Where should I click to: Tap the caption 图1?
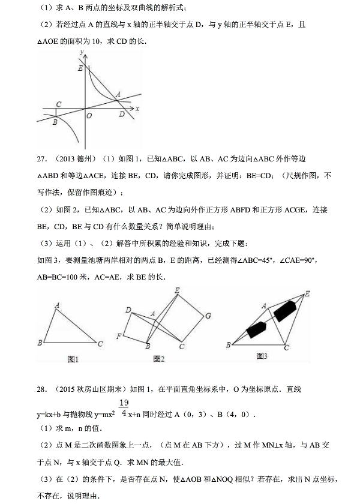tap(74, 359)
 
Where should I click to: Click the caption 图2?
tap(159, 359)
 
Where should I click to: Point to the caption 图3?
tap(261, 356)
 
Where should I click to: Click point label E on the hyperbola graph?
tap(80, 68)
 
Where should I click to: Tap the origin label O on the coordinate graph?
tap(89, 116)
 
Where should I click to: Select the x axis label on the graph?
tap(137, 109)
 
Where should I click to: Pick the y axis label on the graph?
tap(80, 53)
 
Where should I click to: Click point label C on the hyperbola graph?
tap(58, 104)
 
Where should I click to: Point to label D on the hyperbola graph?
tap(121, 114)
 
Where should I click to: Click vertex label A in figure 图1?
tap(57, 305)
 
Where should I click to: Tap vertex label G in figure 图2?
tap(208, 315)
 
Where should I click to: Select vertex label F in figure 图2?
tap(118, 335)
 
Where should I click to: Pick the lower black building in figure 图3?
tap(256, 329)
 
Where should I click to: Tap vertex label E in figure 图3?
tap(308, 293)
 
